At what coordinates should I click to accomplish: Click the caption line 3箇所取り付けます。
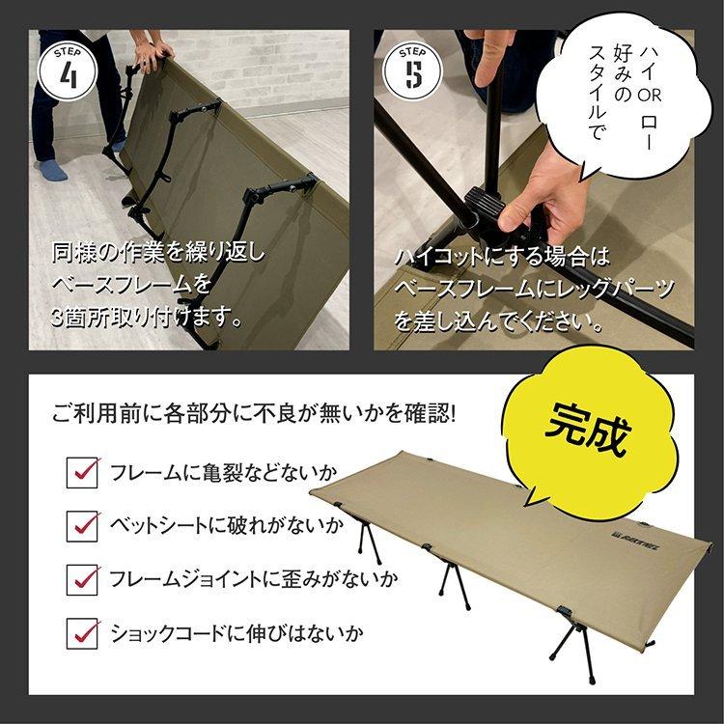click(145, 316)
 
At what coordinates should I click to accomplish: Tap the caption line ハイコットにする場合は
click(503, 257)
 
